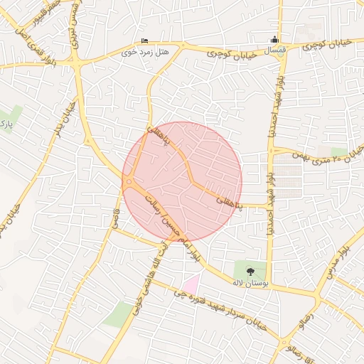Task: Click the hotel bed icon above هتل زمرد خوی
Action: point(146,41)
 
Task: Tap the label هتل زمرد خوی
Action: point(146,52)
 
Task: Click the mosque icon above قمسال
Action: point(276,40)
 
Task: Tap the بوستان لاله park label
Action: point(250,282)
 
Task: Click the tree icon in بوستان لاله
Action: point(250,270)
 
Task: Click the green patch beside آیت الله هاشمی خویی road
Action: point(117,314)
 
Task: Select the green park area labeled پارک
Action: point(9,118)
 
